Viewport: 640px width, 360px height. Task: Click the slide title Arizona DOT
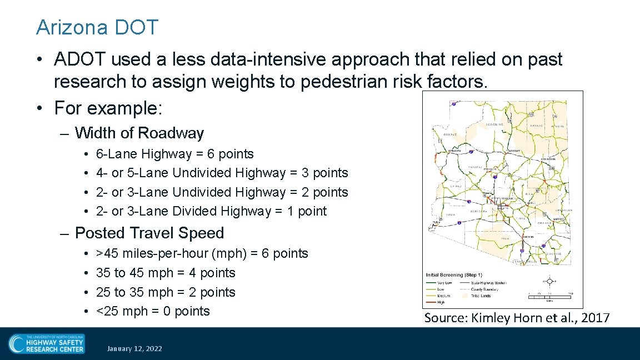(x=97, y=27)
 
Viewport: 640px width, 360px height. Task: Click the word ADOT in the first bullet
(x=76, y=59)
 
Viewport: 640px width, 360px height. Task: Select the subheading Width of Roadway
(x=139, y=133)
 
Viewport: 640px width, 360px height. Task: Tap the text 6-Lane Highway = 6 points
(x=174, y=154)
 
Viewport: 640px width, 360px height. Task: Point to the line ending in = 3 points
(x=222, y=173)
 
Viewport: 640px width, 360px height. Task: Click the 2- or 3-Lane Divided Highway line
(x=211, y=211)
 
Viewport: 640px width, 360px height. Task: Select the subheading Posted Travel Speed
(x=149, y=233)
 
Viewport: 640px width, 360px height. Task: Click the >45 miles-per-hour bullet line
(x=202, y=254)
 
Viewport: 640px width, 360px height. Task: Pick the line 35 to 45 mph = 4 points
(x=166, y=273)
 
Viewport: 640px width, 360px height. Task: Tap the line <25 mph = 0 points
(x=153, y=311)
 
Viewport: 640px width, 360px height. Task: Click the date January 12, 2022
(x=134, y=349)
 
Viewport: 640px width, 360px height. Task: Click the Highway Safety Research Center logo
(x=47, y=343)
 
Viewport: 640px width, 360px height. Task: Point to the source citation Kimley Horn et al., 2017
(x=517, y=318)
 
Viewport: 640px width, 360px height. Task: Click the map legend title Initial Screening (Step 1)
(x=454, y=275)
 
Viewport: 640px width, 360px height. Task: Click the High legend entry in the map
(x=436, y=302)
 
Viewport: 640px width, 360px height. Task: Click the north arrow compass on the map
(x=549, y=281)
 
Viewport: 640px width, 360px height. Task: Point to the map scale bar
(x=551, y=297)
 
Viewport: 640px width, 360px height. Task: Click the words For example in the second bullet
(x=107, y=108)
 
